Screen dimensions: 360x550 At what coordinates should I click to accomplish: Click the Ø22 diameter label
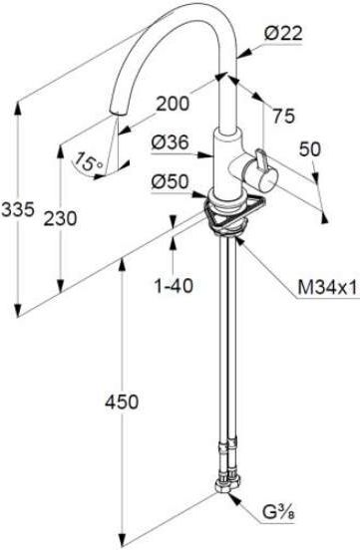click(x=283, y=34)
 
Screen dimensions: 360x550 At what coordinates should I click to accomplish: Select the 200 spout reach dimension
click(x=173, y=104)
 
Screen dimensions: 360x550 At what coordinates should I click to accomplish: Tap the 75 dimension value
click(x=284, y=116)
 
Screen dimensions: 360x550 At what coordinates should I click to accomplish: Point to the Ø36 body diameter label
click(x=170, y=142)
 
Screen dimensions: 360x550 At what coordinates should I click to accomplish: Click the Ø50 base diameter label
click(x=170, y=182)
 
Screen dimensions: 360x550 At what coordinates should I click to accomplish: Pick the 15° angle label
click(x=89, y=161)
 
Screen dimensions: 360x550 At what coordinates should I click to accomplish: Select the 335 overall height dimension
click(x=18, y=210)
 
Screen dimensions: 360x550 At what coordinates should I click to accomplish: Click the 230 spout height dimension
click(x=60, y=218)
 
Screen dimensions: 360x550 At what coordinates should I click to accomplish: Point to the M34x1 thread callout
click(x=327, y=288)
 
